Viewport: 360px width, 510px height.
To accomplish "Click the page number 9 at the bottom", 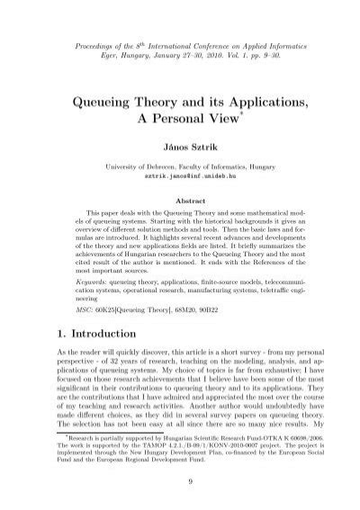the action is coord(180,480).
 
